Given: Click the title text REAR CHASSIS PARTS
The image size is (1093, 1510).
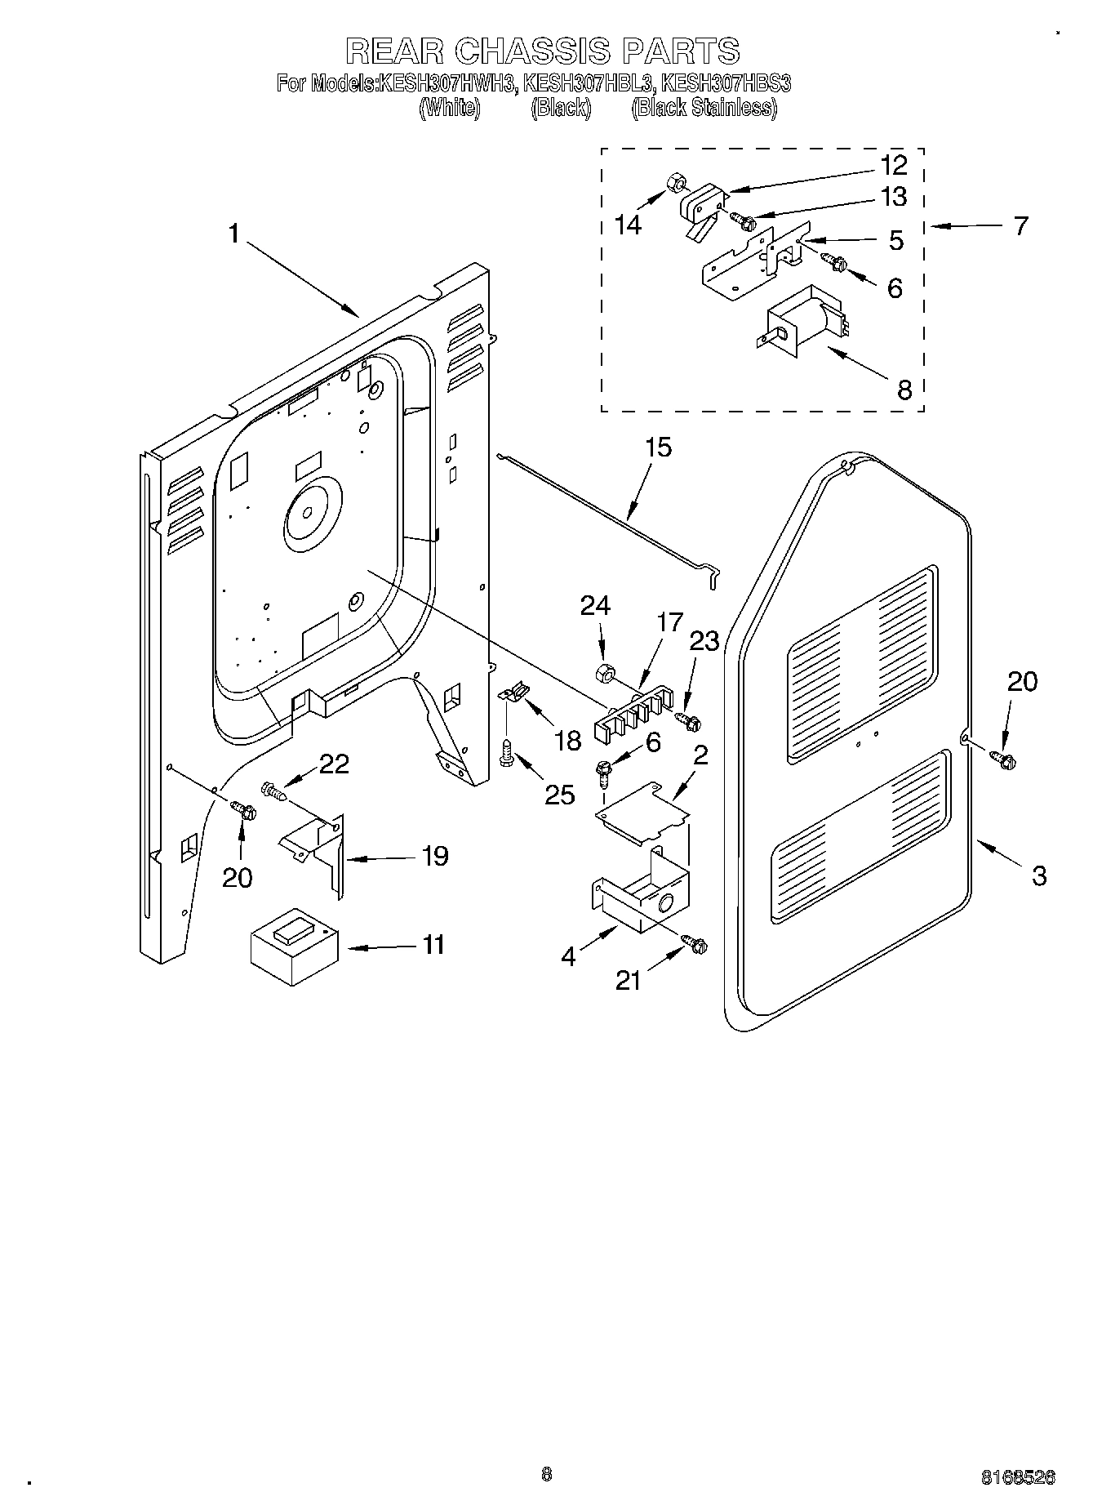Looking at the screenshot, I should [x=543, y=51].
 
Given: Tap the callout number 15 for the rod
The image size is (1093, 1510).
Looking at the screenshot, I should [x=658, y=448].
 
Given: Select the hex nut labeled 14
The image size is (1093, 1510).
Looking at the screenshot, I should [x=675, y=181].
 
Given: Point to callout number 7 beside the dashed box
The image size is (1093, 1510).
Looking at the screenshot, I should [x=1020, y=225].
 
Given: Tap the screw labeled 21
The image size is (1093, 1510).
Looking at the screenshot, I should [x=697, y=945].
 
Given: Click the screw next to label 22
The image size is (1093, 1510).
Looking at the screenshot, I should [x=273, y=791].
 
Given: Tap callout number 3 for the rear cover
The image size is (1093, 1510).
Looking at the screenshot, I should [x=1038, y=875].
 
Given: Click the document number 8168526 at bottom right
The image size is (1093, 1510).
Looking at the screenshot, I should [x=1018, y=1477].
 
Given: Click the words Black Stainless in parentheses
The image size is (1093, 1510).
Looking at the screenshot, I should [x=704, y=108].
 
